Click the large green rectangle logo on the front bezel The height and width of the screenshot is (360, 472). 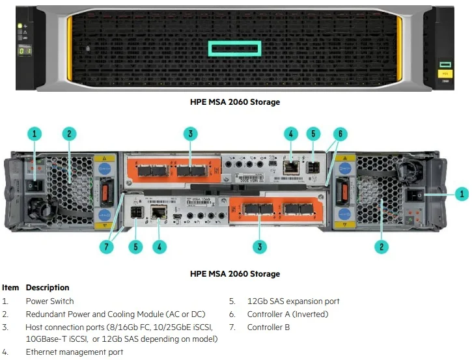coord(234,49)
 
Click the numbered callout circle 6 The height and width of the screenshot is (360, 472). coord(339,134)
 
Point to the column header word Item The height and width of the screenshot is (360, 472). coord(10,288)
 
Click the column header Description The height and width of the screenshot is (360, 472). coord(48,288)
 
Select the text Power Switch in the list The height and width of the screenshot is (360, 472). coord(49,301)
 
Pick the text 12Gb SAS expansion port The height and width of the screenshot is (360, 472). coord(293,301)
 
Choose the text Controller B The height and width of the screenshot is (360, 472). coord(268,327)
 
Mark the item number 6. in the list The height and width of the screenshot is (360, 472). coord(232,314)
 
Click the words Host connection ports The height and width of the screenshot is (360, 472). coord(62,327)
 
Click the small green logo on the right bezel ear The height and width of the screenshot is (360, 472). coord(445,64)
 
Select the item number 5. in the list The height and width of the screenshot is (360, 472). coord(232,301)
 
